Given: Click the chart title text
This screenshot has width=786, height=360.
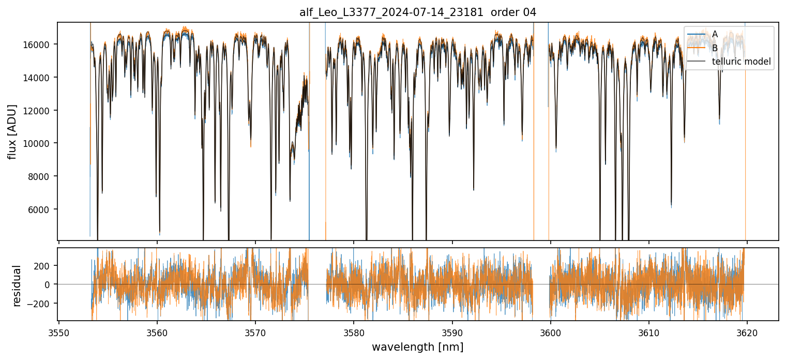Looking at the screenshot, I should coord(418,12).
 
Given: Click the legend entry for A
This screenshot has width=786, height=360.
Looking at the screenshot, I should coord(715,34).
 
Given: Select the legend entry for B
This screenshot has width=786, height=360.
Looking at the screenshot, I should coord(715,48).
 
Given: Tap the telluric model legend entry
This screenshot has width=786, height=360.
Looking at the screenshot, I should coord(741,62).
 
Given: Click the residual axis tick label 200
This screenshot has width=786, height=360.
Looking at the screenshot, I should coord(44,266).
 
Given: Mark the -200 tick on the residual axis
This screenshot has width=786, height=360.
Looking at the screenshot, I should coord(42,304).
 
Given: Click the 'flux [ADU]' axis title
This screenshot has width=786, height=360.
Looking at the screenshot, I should coord(12,131).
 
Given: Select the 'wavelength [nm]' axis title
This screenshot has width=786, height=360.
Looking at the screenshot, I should coord(418,347).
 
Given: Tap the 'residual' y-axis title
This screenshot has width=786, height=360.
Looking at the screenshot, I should coord(17,286).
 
